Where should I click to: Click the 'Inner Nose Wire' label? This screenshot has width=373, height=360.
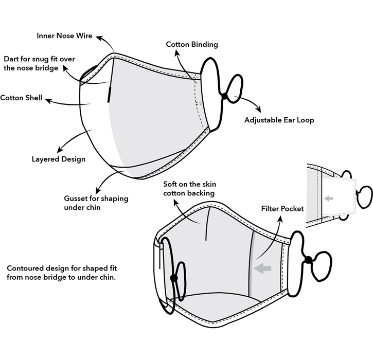pos(65,35)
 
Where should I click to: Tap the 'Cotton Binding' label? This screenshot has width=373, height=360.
pos(191,44)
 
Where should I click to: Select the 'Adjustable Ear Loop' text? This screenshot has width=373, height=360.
pos(279,120)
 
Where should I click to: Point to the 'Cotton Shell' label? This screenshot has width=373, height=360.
pos(21,98)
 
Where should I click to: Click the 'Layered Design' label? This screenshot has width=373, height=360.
pos(58,159)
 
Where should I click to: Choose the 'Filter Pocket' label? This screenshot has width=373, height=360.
pos(282,209)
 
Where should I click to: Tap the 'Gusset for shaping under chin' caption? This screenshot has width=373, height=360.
pos(96,202)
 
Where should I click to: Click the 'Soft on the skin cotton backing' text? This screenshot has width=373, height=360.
pos(188,188)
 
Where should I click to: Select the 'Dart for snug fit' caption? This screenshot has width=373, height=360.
pos(39,63)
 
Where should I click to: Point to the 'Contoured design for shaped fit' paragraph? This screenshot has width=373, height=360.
pos(62,273)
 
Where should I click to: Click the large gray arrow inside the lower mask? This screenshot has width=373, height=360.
pos(263,267)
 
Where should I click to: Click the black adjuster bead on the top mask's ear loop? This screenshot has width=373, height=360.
pos(224,96)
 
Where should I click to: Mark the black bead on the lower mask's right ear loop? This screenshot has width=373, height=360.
pos(308,260)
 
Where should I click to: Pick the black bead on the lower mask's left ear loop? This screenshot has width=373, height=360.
pos(173,278)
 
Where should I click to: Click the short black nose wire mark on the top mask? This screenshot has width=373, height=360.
pos(110,95)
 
